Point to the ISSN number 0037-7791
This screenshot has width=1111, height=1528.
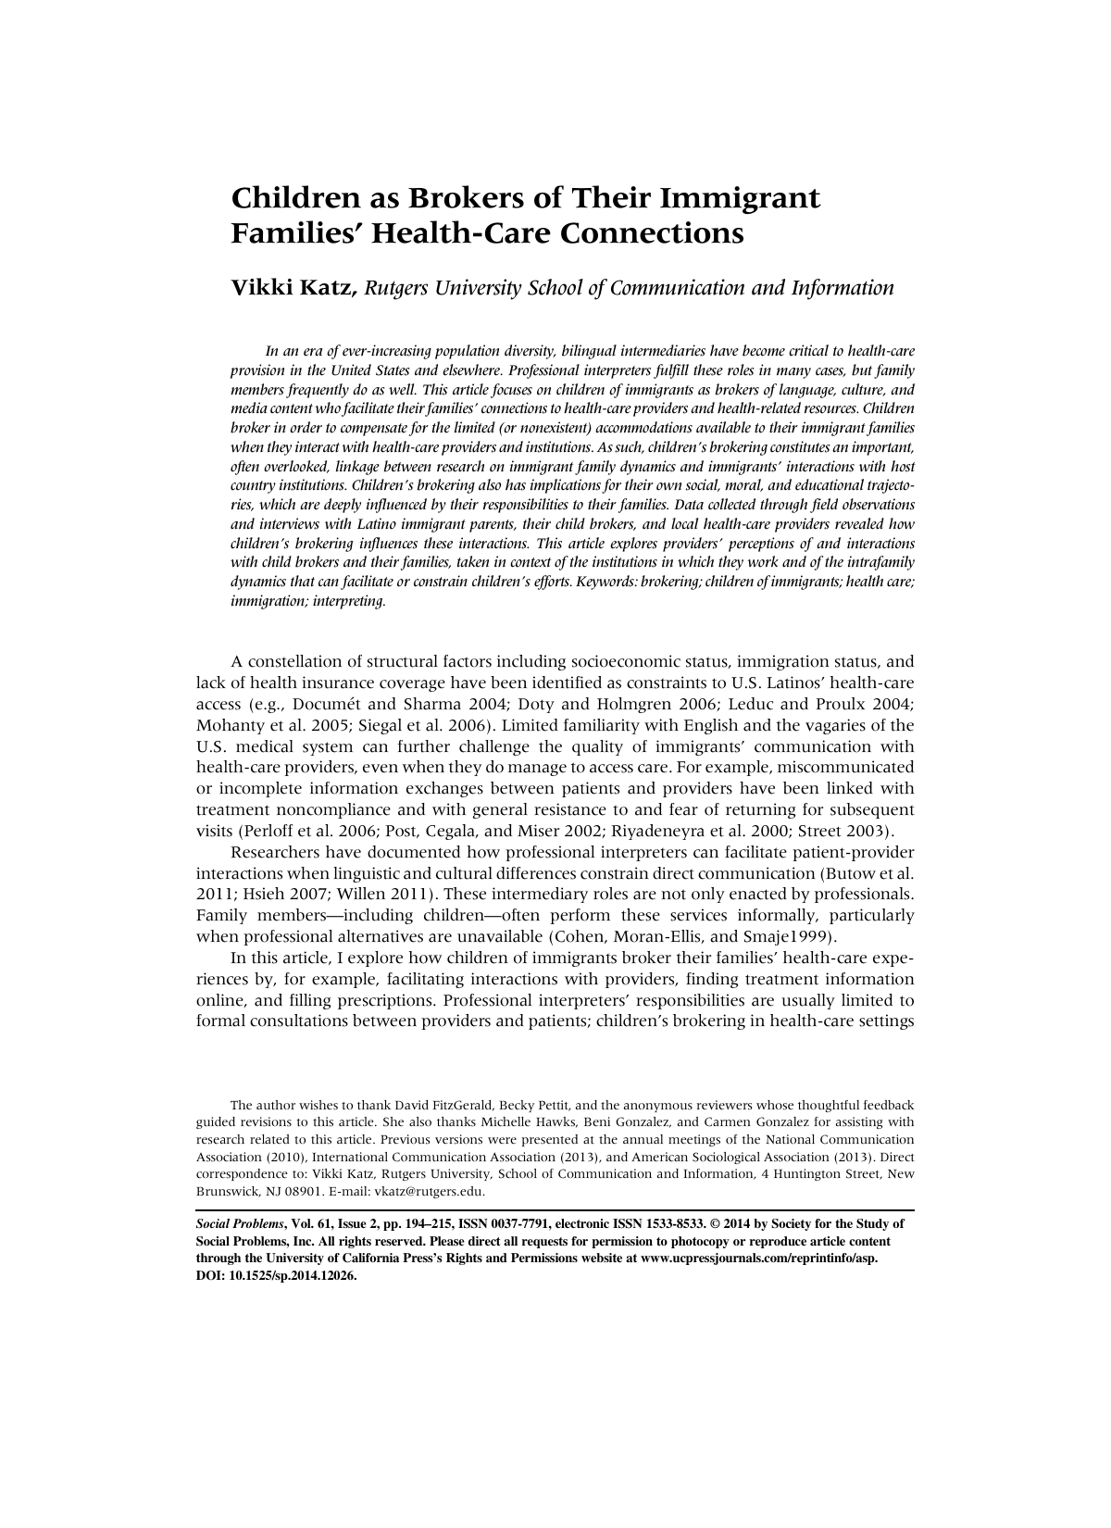click(x=520, y=1224)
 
